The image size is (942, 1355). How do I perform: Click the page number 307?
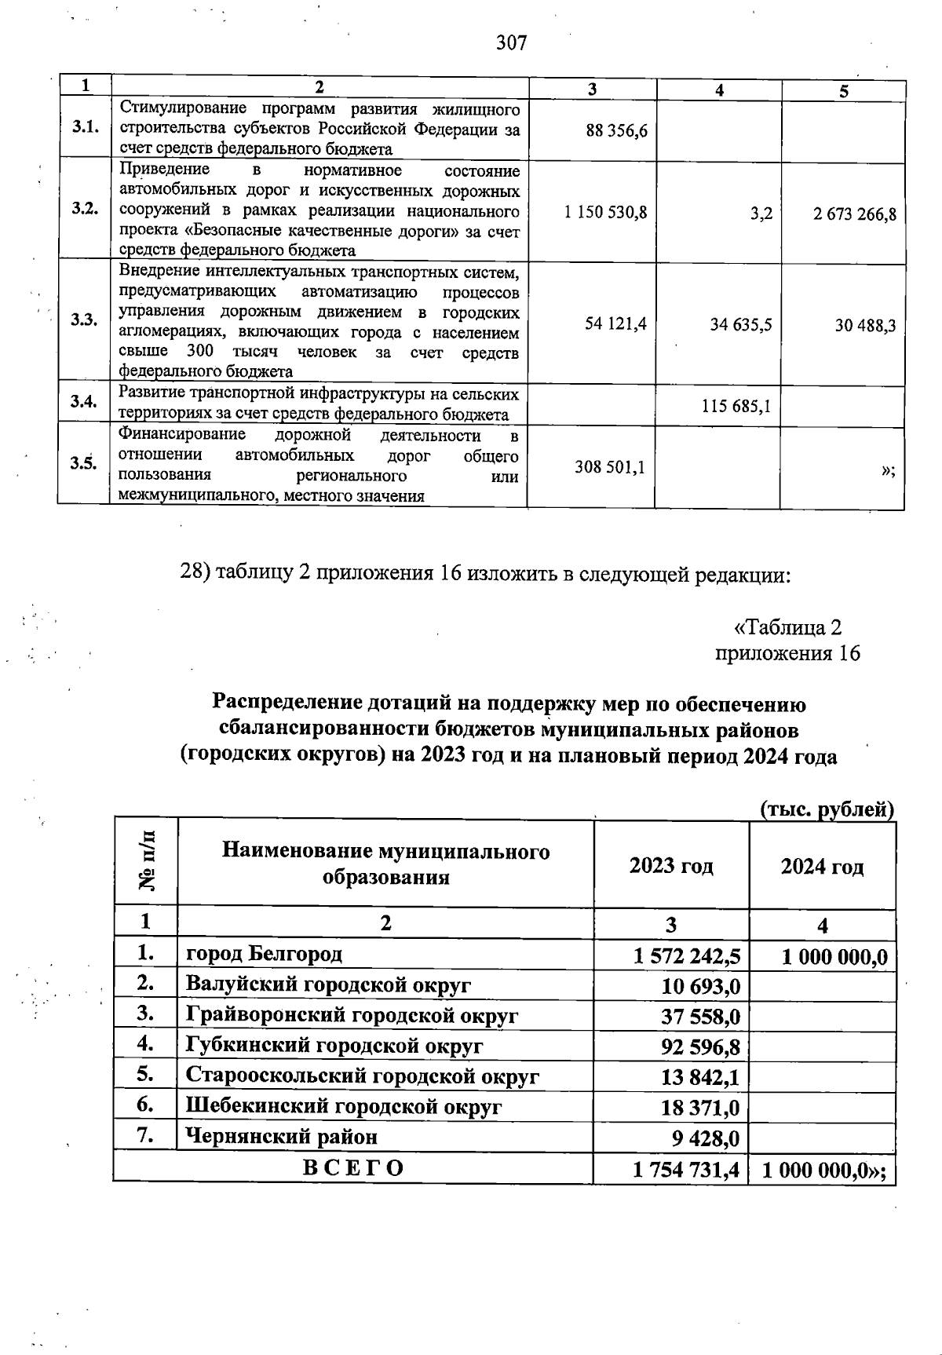click(511, 42)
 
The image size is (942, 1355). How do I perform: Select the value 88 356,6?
click(616, 130)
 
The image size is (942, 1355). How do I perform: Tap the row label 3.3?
click(83, 320)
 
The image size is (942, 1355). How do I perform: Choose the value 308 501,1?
click(610, 467)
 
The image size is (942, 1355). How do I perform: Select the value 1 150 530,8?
click(605, 213)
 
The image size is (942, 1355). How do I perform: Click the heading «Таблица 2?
click(787, 627)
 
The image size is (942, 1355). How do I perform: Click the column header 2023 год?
click(671, 866)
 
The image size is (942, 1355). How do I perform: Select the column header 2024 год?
click(822, 867)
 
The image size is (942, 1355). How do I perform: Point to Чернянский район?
click(281, 1136)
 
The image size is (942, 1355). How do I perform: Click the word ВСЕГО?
click(354, 1168)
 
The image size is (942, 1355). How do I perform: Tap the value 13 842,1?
click(700, 1077)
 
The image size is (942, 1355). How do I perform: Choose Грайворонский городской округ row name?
click(352, 1015)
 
